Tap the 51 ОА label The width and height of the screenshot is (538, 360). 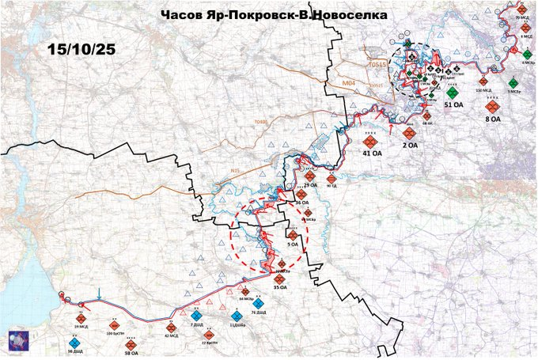(453, 104)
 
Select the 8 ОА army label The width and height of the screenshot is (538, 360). (492, 119)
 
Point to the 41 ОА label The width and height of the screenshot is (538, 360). (372, 152)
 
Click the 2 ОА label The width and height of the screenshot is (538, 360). (411, 145)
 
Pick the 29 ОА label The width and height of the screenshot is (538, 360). (310, 184)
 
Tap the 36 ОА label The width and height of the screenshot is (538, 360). (302, 203)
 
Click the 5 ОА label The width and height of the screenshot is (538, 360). (293, 244)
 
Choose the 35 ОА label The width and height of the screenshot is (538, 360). (279, 288)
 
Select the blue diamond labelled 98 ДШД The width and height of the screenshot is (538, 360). (75, 344)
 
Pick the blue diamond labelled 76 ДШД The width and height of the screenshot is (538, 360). (256, 304)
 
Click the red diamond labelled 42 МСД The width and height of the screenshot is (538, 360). (172, 327)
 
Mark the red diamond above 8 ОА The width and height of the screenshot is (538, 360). (492, 104)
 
